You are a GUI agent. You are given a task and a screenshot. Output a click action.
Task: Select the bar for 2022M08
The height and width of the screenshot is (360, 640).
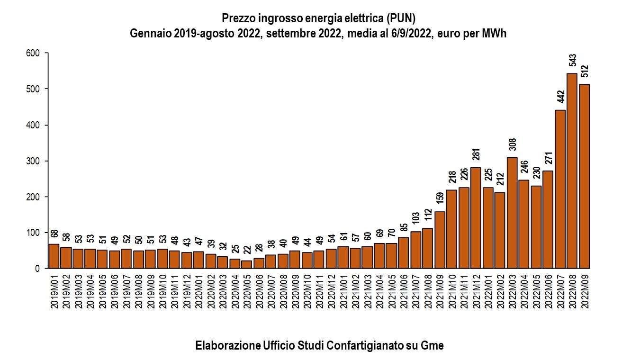pos(572,171)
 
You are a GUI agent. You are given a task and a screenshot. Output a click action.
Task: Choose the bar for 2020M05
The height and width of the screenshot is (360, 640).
pos(246,264)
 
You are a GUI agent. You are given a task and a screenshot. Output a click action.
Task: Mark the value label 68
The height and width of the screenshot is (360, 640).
pos(54,235)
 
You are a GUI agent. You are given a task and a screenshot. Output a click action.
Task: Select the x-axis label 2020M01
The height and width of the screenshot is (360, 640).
pos(198,290)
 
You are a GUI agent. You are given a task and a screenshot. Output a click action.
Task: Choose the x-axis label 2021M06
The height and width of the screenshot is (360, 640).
pos(403,290)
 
